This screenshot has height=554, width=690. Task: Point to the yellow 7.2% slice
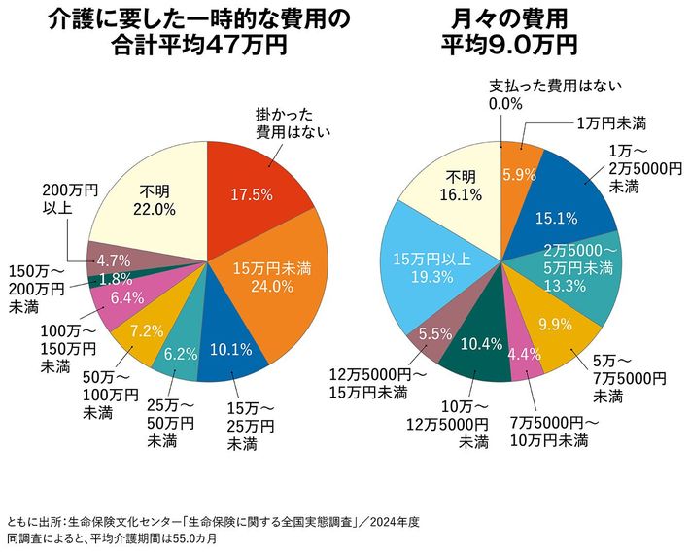pyautogui.click(x=144, y=330)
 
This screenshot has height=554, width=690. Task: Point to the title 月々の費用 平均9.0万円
pyautogui.click(x=509, y=31)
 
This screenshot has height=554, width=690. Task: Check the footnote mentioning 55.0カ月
pyautogui.click(x=111, y=537)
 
